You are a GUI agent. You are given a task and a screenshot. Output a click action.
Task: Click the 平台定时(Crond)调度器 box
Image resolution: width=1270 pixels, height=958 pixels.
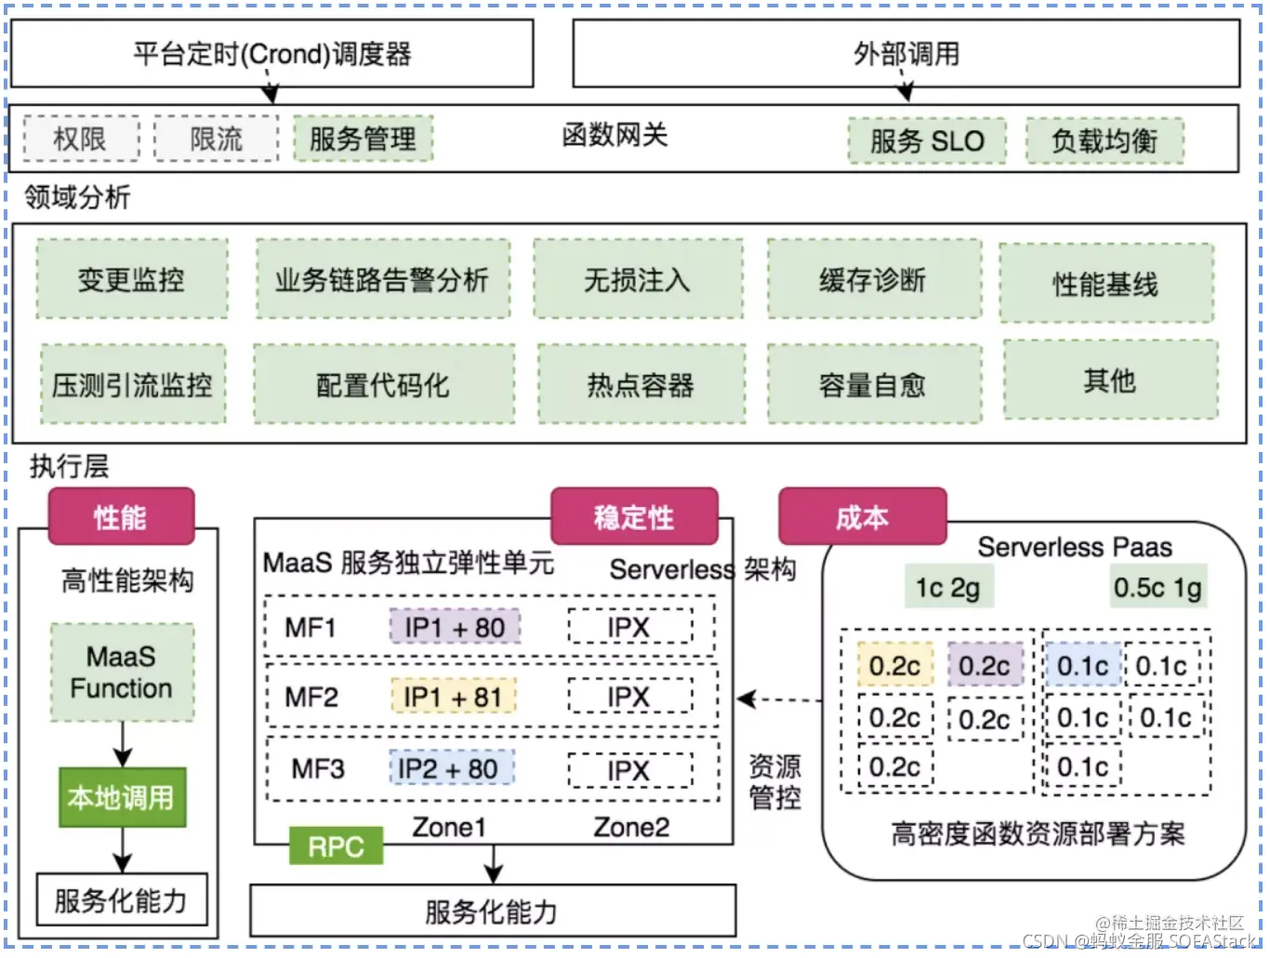pyautogui.click(x=271, y=53)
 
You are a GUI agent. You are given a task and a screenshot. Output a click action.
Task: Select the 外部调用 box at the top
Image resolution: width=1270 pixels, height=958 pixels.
pyautogui.click(x=906, y=53)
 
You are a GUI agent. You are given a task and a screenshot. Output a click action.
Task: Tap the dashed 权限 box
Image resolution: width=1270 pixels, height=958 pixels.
pyautogui.click(x=81, y=140)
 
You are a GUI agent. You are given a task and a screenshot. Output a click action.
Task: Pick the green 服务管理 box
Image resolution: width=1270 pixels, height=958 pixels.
pyautogui.click(x=363, y=140)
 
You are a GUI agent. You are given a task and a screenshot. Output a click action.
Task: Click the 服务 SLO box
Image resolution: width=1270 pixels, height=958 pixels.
pyautogui.click(x=926, y=141)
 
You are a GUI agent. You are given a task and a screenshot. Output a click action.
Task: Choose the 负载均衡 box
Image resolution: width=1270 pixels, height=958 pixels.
pyautogui.click(x=1105, y=141)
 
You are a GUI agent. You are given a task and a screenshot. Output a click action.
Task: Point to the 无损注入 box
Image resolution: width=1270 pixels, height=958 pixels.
pyautogui.click(x=638, y=280)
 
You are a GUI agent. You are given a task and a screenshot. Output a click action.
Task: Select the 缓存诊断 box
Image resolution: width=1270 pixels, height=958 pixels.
pyautogui.click(x=873, y=280)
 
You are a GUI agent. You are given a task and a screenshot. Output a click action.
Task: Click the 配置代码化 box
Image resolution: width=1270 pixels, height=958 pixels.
pyautogui.click(x=383, y=385)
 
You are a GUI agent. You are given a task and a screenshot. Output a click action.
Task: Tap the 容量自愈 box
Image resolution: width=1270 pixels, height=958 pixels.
pyautogui.click(x=873, y=385)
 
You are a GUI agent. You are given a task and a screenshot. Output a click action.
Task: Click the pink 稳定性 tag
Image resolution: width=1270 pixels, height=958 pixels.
pyautogui.click(x=634, y=517)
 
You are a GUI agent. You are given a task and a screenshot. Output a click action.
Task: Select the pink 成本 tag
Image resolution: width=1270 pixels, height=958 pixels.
pyautogui.click(x=862, y=517)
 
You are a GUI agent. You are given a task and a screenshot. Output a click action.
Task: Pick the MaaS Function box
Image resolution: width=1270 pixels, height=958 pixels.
pyautogui.click(x=122, y=672)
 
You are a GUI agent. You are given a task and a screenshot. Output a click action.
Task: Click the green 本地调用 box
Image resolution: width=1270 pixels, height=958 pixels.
pyautogui.click(x=122, y=798)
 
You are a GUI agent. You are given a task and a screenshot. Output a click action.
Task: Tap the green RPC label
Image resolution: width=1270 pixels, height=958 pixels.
pyautogui.click(x=336, y=846)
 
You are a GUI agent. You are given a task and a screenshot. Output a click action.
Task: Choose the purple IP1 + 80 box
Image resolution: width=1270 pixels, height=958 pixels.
pyautogui.click(x=455, y=628)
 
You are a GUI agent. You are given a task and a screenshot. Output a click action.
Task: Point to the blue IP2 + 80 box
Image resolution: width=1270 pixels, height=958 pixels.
pyautogui.click(x=450, y=769)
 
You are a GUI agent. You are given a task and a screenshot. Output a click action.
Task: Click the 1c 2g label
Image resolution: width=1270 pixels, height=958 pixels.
pyautogui.click(x=947, y=588)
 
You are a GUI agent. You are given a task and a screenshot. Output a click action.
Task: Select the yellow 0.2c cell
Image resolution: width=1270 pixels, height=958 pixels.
pyautogui.click(x=894, y=666)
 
